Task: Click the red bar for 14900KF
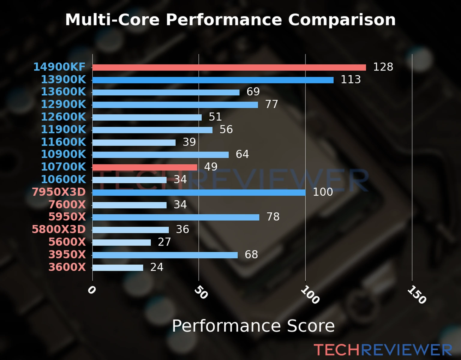(x=229, y=67)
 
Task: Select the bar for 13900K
(x=213, y=80)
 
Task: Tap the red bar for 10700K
(x=145, y=167)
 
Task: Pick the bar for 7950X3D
(x=199, y=193)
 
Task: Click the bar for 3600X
(x=118, y=268)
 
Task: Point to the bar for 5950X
(x=176, y=217)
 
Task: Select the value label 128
(x=383, y=67)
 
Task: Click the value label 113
(x=351, y=79)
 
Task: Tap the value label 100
(x=323, y=192)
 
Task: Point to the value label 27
(x=164, y=242)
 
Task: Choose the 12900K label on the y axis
(x=63, y=104)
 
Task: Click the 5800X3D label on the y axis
(x=59, y=229)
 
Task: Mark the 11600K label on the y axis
(x=63, y=142)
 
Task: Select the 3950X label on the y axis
(x=67, y=255)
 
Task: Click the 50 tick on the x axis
(x=201, y=292)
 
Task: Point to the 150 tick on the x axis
(x=417, y=295)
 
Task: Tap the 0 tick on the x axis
(x=92, y=290)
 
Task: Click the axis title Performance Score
(x=253, y=326)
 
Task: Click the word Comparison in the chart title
(x=342, y=20)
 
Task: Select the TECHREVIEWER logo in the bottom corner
(x=383, y=350)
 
